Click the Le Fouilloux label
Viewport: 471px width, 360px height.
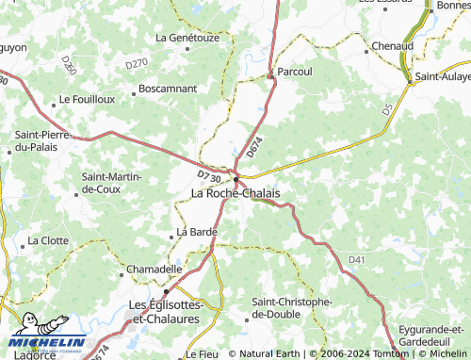(87, 98)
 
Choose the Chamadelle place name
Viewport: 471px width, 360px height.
(154, 269)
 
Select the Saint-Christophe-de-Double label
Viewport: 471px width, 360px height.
(292, 307)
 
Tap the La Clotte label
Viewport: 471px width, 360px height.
(48, 240)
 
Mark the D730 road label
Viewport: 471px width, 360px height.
(209, 175)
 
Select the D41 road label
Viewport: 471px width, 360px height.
(356, 259)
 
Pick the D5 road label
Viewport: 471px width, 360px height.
(387, 111)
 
